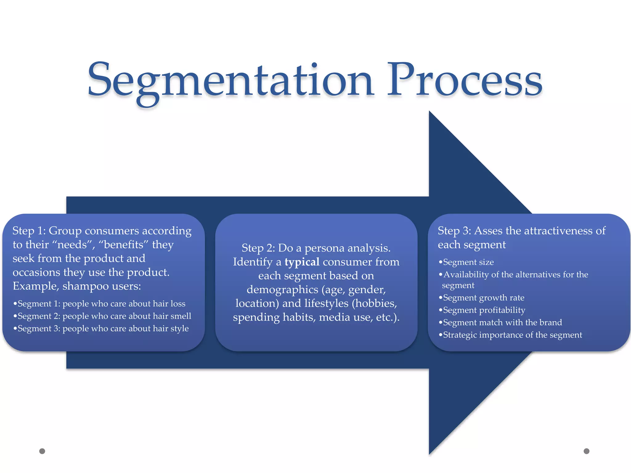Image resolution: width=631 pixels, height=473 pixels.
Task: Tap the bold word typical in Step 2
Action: pyautogui.click(x=302, y=262)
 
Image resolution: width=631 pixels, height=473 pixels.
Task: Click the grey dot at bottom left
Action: pyautogui.click(x=42, y=451)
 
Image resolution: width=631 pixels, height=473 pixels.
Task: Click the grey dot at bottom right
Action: pyautogui.click(x=587, y=451)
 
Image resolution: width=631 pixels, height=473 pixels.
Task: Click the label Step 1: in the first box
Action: pyautogui.click(x=29, y=231)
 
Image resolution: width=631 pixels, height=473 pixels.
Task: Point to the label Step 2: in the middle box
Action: pyautogui.click(x=258, y=248)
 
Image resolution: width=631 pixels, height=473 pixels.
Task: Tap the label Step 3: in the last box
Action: pyautogui.click(x=454, y=231)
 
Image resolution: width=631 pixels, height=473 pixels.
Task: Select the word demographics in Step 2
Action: pyautogui.click(x=282, y=289)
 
